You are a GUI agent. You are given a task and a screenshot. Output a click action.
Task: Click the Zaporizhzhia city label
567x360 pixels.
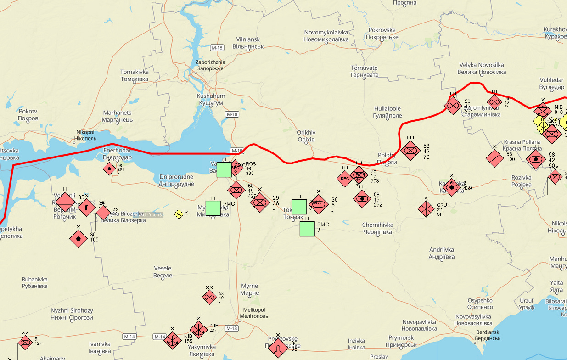(x=210, y=65)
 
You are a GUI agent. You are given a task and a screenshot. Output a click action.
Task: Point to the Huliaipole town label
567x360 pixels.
(x=387, y=112)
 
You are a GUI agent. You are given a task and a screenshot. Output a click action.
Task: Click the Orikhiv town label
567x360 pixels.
(x=306, y=136)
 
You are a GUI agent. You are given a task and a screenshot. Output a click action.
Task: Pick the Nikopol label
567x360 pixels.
(x=85, y=135)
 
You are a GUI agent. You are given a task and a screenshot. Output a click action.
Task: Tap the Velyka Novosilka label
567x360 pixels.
(x=482, y=68)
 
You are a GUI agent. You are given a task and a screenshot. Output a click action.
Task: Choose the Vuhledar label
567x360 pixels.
(x=551, y=84)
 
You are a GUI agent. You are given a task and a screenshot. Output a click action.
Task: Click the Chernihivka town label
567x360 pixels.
(x=377, y=228)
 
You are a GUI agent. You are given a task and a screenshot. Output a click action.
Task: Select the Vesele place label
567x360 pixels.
(x=163, y=272)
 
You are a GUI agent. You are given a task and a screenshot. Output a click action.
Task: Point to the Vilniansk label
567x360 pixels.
(x=247, y=43)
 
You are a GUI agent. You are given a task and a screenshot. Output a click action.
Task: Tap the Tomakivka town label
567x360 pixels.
(x=134, y=75)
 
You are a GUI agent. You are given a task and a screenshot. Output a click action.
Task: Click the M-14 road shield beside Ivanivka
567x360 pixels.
(x=129, y=337)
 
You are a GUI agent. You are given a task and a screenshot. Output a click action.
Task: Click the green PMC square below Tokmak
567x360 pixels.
(x=307, y=229)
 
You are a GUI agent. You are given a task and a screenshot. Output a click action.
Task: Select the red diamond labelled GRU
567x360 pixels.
(x=426, y=208)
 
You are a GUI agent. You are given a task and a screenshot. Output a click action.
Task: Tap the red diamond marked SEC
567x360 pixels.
(x=345, y=179)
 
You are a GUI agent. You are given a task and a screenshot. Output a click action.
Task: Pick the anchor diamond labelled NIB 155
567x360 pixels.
(x=173, y=340)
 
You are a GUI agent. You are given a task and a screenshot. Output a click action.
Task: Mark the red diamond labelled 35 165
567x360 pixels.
(x=79, y=238)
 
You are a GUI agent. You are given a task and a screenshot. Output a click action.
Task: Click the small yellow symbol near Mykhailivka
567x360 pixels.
(x=179, y=214)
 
